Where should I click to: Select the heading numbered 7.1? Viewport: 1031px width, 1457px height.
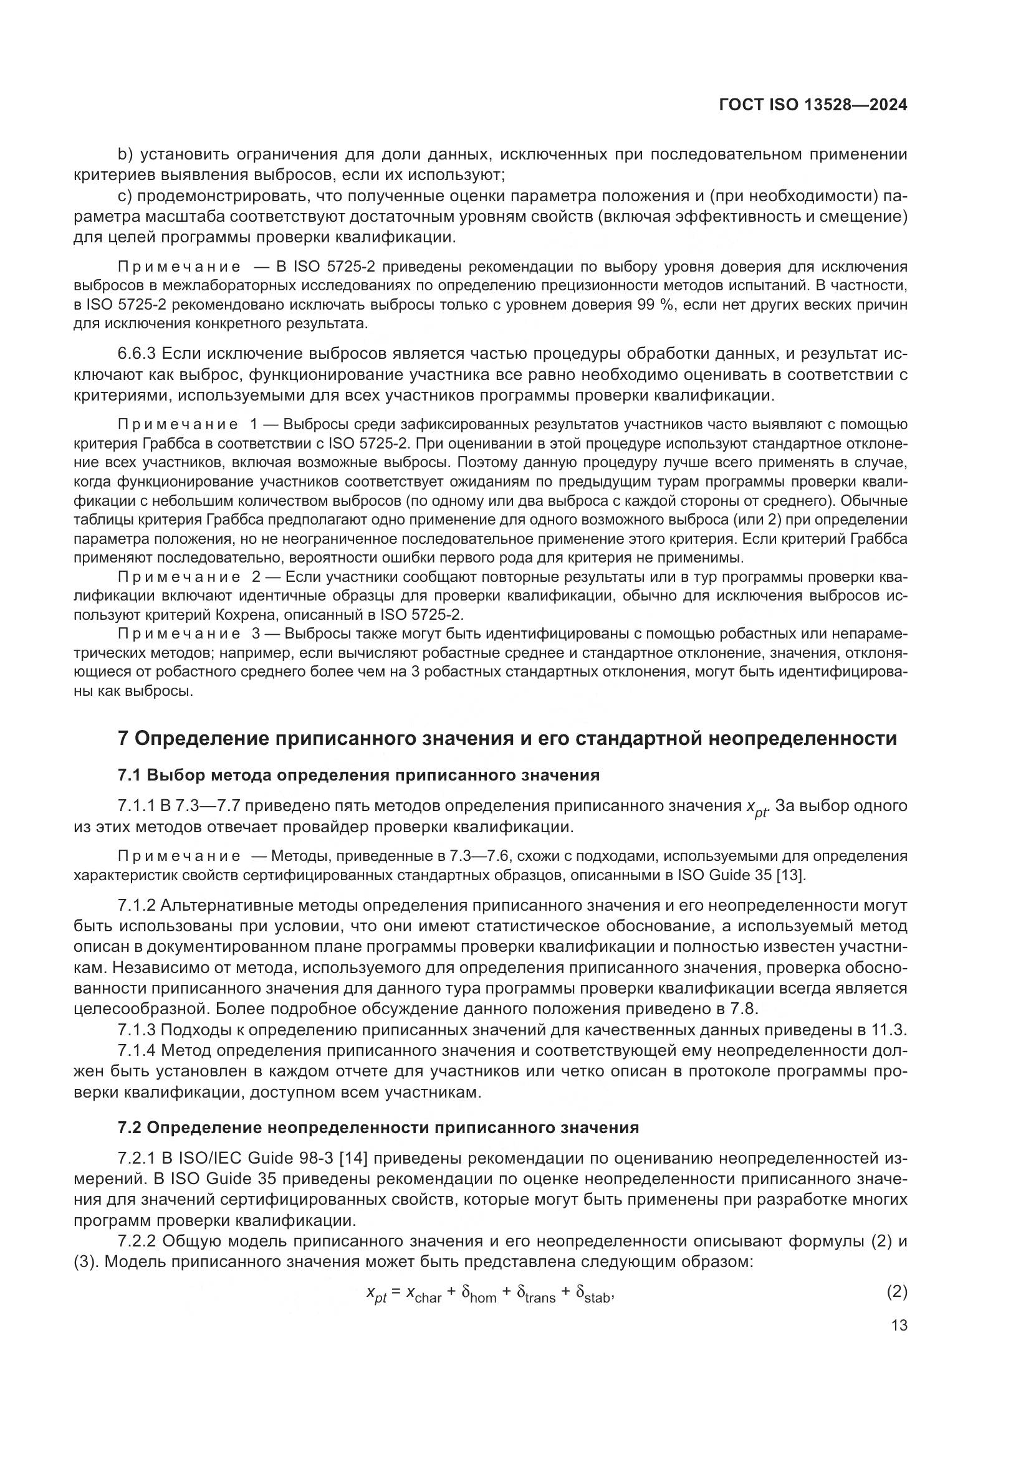358,775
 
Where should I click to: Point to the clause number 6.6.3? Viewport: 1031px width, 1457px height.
137,353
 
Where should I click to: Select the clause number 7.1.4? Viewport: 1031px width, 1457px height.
137,1051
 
